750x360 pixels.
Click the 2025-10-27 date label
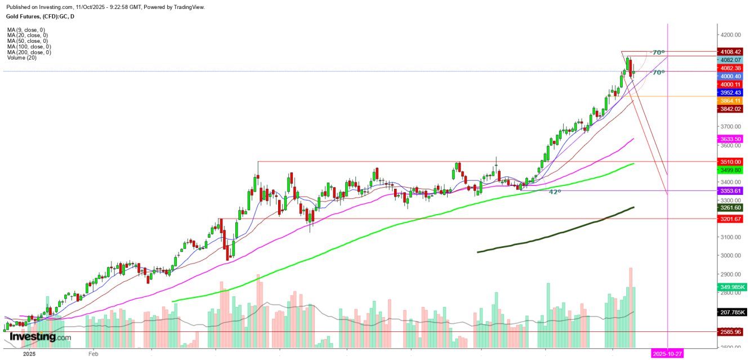tap(667, 353)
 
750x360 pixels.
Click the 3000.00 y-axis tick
tap(732, 255)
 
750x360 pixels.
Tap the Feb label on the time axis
tap(93, 354)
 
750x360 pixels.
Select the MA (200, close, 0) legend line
tap(29, 52)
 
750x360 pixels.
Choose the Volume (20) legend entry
tap(22, 57)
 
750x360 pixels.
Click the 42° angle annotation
tap(555, 192)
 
